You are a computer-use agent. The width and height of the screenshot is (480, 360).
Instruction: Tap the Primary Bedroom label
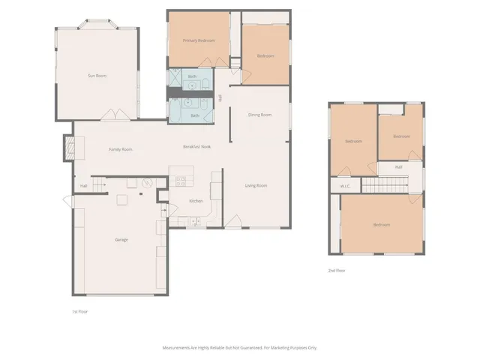pyautogui.click(x=199, y=40)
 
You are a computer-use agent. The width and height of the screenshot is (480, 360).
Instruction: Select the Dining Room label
pyautogui.click(x=259, y=115)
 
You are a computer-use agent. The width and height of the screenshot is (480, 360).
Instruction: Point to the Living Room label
pyautogui.click(x=256, y=185)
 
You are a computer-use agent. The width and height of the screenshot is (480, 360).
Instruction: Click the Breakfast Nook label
pyautogui.click(x=196, y=146)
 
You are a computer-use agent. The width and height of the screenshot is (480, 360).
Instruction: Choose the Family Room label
pyautogui.click(x=120, y=149)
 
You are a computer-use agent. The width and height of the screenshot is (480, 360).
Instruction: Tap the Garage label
pyautogui.click(x=121, y=239)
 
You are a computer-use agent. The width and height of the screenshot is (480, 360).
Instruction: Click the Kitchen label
pyautogui.click(x=195, y=201)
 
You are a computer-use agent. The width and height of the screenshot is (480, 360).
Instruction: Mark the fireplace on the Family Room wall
pyautogui.click(x=68, y=147)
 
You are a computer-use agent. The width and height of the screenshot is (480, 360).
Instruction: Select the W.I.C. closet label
pyautogui.click(x=346, y=186)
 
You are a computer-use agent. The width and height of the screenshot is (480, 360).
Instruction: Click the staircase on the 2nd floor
pyautogui.click(x=385, y=186)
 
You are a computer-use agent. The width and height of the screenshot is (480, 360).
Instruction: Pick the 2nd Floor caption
pyautogui.click(x=337, y=271)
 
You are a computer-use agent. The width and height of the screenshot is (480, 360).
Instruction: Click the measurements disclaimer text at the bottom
pyautogui.click(x=240, y=347)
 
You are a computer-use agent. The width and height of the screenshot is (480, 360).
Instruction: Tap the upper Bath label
pyautogui.click(x=192, y=76)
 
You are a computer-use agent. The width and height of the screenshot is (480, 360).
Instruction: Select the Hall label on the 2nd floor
pyautogui.click(x=398, y=166)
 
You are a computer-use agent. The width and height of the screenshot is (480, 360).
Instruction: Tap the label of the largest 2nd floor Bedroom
pyautogui.click(x=382, y=225)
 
